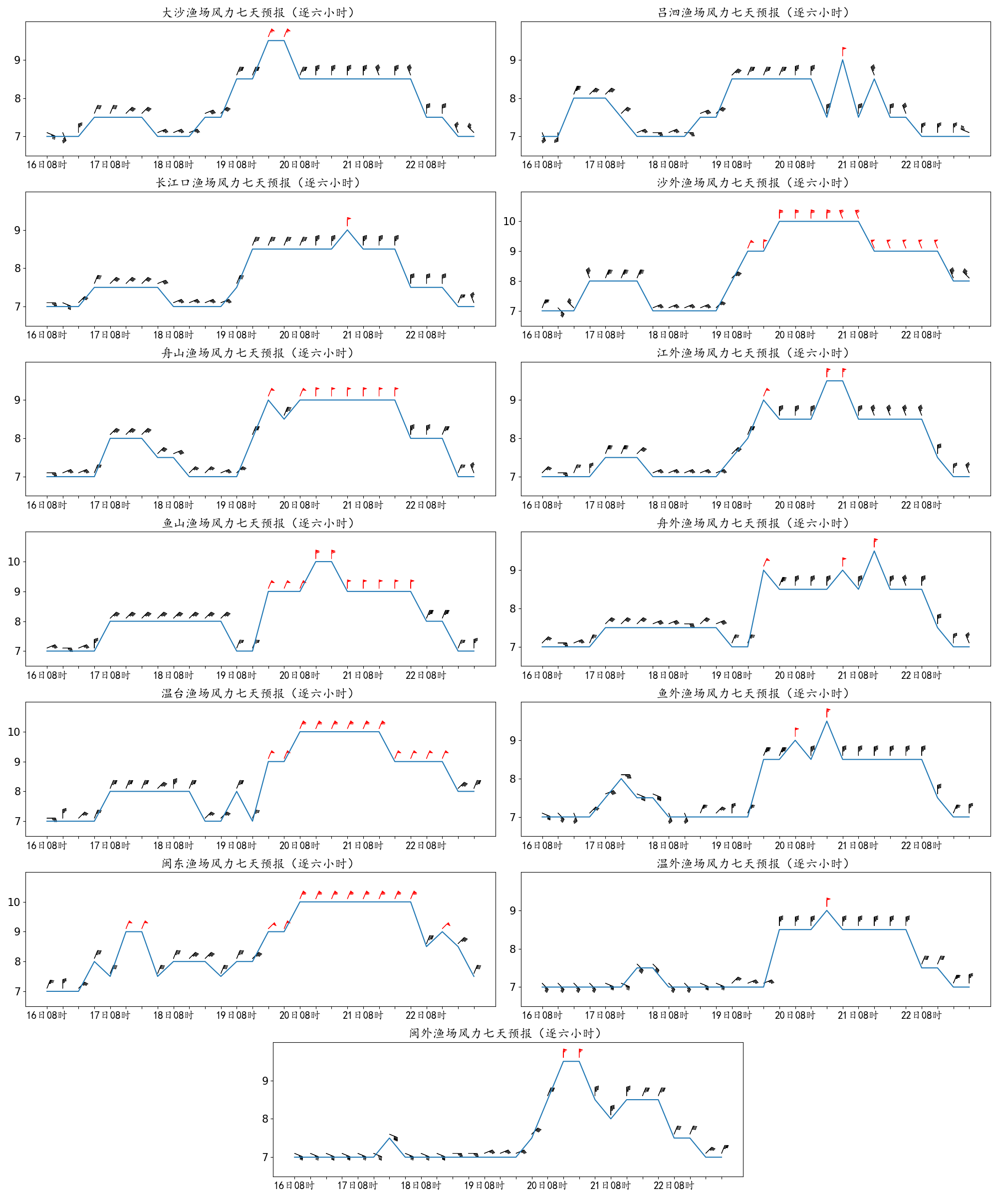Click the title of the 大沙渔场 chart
(x=259, y=12)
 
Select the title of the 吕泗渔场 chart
(x=754, y=12)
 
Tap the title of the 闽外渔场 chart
(x=507, y=1033)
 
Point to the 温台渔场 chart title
(x=259, y=693)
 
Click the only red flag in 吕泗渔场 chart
(x=843, y=50)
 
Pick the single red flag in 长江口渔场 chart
(x=348, y=220)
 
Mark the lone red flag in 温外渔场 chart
(x=827, y=901)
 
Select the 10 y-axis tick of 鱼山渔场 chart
(x=13, y=562)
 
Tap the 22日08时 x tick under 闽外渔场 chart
(x=674, y=1186)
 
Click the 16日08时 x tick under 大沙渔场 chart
(x=47, y=165)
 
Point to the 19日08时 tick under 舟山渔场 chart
(x=236, y=506)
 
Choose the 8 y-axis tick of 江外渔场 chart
(x=512, y=438)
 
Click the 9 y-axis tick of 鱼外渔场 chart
(x=512, y=740)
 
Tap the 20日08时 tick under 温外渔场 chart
(x=794, y=1015)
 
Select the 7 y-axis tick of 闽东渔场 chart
(x=17, y=991)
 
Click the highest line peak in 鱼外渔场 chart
(x=827, y=722)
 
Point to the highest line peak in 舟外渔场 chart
(x=874, y=551)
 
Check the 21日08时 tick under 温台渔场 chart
(x=363, y=846)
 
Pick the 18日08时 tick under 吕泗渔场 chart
(x=668, y=165)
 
